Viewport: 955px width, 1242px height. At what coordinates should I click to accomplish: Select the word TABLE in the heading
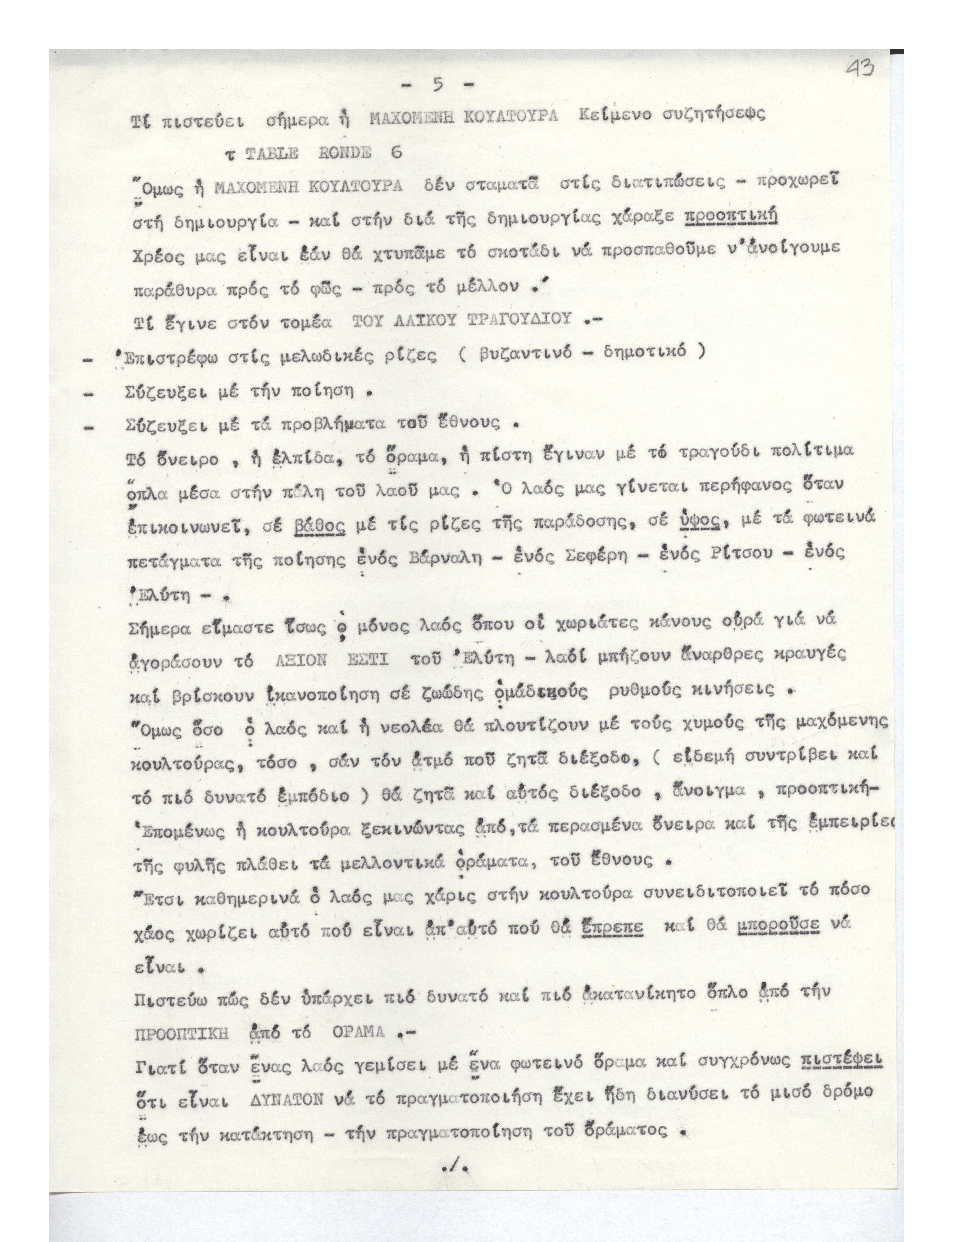coord(272,154)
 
